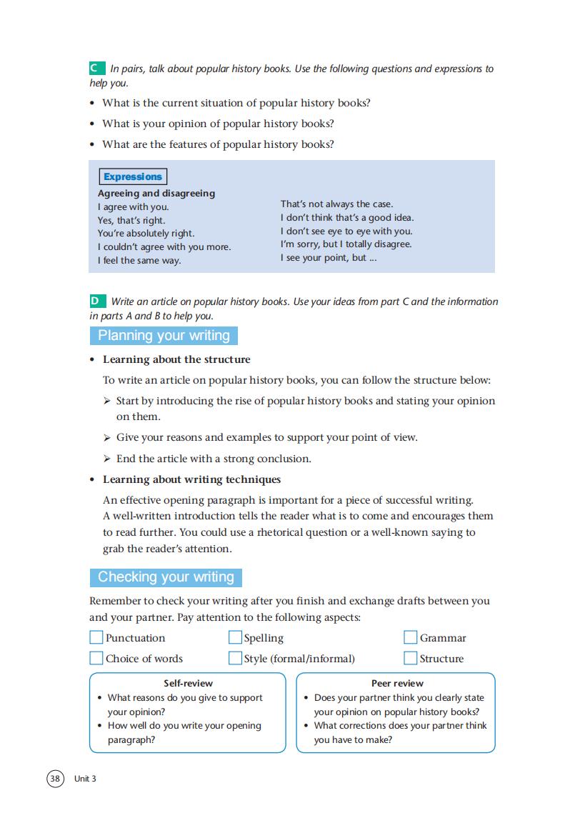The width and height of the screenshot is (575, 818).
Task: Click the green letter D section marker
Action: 97,301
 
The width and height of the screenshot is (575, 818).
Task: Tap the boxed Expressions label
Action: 133,176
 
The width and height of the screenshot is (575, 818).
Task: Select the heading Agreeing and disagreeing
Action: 156,193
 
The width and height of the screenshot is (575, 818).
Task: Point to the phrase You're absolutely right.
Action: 146,233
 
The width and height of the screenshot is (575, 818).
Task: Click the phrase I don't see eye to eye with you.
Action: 346,231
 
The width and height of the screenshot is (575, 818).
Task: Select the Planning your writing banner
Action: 164,336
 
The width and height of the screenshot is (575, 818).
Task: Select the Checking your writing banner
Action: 166,577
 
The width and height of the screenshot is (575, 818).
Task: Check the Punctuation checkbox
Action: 96,638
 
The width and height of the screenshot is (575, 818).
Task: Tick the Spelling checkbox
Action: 235,638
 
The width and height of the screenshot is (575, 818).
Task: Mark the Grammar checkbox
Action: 410,638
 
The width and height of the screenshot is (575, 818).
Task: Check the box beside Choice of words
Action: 96,659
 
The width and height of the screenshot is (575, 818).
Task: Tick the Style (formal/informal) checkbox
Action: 235,659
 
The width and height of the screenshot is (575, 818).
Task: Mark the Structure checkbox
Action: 410,659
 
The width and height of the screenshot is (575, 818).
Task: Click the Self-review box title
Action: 188,683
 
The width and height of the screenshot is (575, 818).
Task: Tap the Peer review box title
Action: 397,683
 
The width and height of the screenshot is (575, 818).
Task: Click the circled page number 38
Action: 56,779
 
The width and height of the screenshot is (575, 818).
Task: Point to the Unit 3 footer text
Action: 85,779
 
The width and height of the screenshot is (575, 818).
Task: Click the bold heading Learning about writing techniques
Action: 191,479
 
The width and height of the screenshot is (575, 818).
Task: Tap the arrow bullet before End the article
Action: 107,459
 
